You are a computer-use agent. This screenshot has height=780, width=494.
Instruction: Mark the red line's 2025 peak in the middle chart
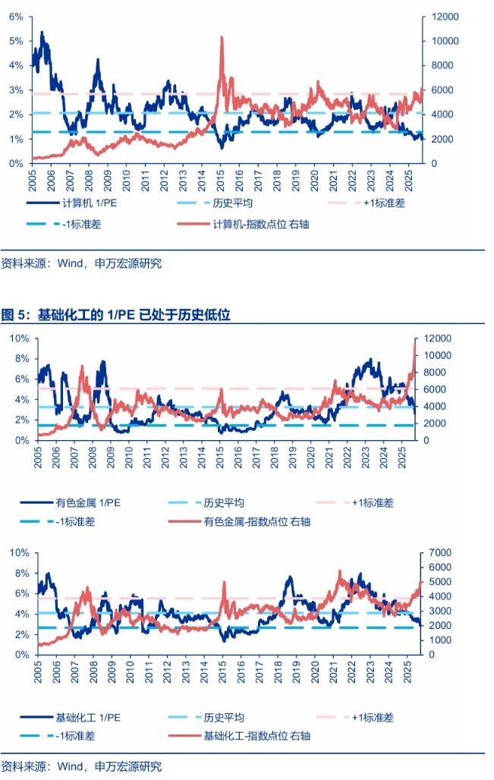(415, 344)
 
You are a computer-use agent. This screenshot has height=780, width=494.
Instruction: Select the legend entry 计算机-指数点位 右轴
(250, 224)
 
